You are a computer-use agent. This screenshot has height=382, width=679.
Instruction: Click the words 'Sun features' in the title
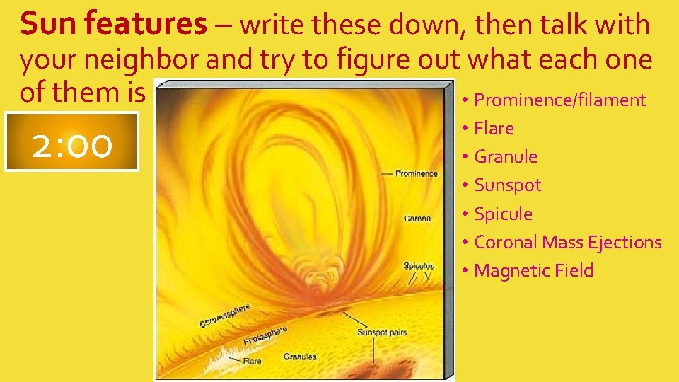(113, 25)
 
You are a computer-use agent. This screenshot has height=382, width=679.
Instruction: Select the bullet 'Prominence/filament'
(559, 100)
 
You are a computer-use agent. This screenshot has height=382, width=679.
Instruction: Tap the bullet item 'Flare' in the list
(494, 129)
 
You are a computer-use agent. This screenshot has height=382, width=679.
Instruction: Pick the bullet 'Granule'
(506, 157)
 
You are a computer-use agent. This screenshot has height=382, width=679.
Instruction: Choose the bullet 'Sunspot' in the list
(507, 185)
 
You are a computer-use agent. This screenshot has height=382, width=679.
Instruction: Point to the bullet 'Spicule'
(503, 214)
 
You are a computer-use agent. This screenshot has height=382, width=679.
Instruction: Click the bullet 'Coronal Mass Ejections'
(567, 242)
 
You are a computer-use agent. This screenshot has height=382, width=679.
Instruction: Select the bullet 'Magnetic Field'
(533, 270)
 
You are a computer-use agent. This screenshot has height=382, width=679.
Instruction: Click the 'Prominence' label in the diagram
(416, 173)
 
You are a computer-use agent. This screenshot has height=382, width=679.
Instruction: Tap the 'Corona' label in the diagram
(417, 219)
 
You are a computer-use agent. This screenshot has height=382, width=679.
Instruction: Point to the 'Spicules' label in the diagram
(419, 266)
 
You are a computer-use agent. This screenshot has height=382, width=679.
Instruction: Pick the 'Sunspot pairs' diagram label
(382, 332)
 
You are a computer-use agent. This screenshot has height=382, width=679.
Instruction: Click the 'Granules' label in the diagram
(300, 357)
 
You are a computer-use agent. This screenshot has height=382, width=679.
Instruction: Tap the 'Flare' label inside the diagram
(253, 361)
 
